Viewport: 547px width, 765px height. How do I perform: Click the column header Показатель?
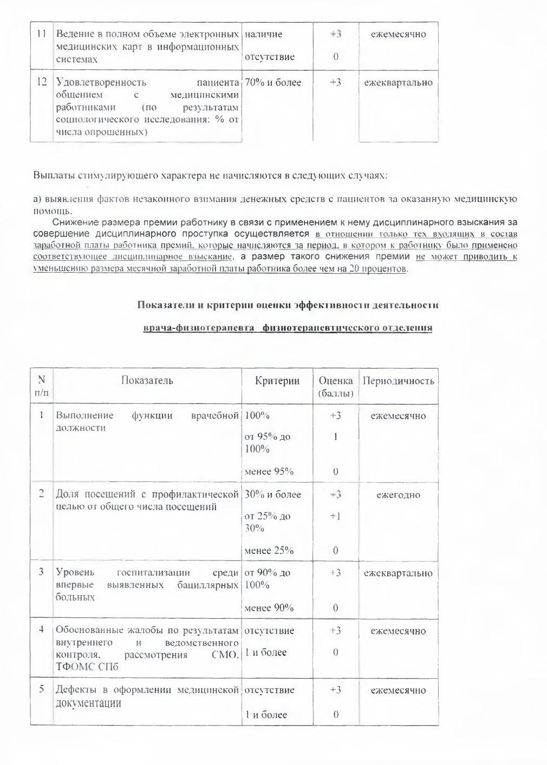tap(147, 380)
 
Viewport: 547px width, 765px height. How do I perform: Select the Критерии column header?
tap(277, 381)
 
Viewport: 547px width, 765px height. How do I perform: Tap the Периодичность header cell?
tap(398, 381)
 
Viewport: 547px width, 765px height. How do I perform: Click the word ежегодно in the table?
tap(398, 495)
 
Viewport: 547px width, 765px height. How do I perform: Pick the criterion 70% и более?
tap(273, 83)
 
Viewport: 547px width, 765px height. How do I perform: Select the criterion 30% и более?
tap(273, 494)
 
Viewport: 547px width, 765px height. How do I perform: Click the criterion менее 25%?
tap(269, 551)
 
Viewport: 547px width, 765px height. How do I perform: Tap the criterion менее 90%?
tap(269, 608)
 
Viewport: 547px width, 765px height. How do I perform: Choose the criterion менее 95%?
tap(269, 471)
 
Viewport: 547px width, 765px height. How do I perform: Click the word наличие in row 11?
tap(264, 34)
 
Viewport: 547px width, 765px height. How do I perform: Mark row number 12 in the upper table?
tap(41, 83)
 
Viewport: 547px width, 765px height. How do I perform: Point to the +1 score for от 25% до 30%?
tap(336, 517)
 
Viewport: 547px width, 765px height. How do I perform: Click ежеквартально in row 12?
tap(398, 83)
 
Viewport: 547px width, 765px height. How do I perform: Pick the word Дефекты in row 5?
tap(75, 690)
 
